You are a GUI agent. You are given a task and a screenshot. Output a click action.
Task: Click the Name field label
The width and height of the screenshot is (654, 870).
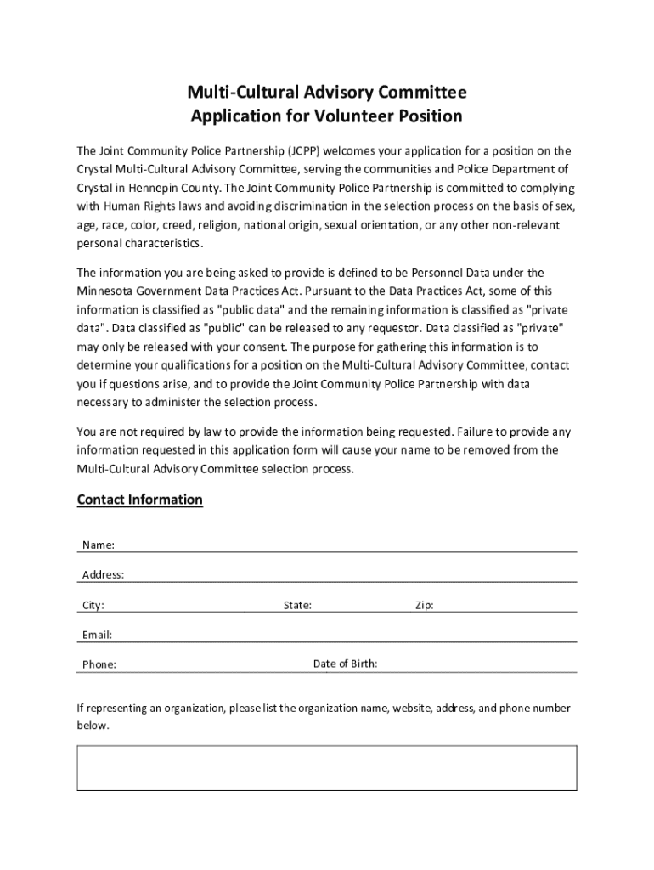pos(99,545)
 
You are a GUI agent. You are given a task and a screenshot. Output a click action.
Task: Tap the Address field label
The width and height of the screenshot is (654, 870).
pos(103,575)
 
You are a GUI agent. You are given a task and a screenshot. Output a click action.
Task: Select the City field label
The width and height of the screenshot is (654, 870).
pos(93,606)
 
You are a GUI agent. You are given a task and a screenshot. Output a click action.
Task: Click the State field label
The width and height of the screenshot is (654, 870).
pos(297,606)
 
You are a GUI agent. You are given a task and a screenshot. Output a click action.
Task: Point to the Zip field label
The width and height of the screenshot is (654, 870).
pos(424,606)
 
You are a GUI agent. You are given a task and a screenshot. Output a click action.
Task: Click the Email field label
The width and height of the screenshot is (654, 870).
pos(97,635)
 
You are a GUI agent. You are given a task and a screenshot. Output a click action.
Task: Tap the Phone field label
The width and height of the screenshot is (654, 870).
pos(99,664)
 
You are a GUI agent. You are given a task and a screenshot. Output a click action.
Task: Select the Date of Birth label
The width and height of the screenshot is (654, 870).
pos(345,664)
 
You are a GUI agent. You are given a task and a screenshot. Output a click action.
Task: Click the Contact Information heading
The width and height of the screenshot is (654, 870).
pos(140,500)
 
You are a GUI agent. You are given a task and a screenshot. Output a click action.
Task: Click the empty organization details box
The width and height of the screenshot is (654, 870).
pos(327,769)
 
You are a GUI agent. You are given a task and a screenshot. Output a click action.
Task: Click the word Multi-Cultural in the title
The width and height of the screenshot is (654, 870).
pos(238,92)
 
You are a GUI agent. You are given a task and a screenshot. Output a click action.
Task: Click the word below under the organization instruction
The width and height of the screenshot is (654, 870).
pos(93,726)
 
